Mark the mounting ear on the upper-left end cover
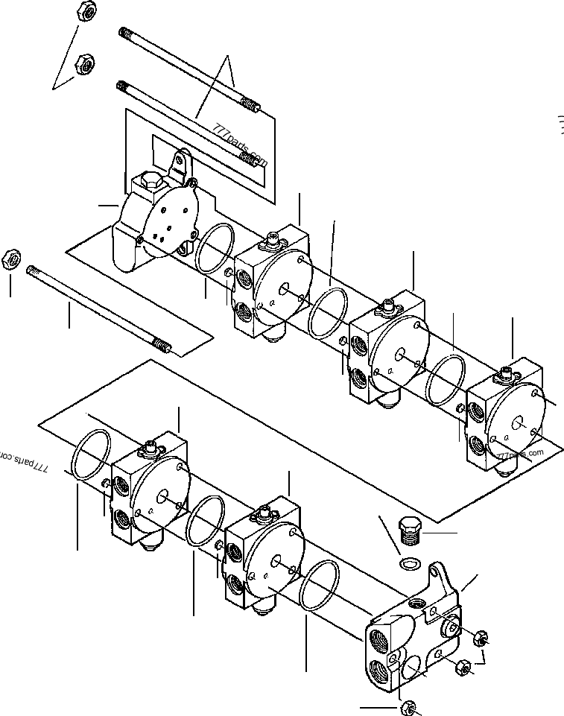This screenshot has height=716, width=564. [x=180, y=160]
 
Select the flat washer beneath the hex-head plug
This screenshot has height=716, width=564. [x=409, y=562]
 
